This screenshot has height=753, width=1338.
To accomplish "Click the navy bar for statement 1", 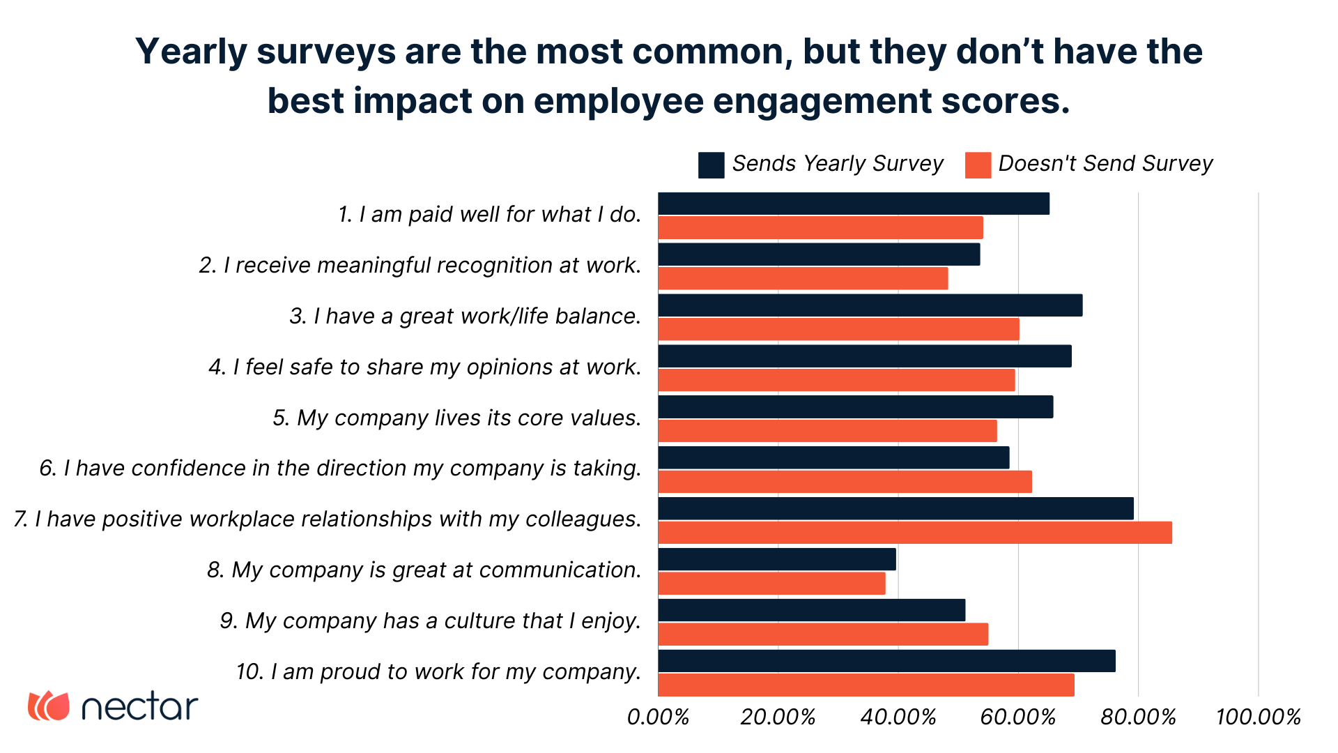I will (853, 204).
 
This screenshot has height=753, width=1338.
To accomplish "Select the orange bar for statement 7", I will (914, 533).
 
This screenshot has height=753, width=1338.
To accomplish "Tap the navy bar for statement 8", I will (776, 559).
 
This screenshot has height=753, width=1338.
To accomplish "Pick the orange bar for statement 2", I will (803, 278).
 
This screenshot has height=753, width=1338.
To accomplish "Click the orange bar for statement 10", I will (866, 685).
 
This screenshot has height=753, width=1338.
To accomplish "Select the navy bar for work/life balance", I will (870, 305).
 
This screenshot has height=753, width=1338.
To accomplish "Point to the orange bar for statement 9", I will (822, 634).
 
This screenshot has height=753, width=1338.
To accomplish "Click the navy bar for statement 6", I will (833, 457).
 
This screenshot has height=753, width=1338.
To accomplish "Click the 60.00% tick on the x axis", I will (1018, 717).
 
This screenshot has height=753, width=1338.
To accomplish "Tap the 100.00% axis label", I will (1258, 717).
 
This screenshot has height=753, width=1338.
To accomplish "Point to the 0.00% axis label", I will (658, 717).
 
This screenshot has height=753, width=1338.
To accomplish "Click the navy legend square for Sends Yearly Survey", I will (711, 165).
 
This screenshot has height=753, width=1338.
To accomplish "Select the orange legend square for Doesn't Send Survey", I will (978, 165).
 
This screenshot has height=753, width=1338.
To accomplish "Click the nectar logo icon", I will (49, 706).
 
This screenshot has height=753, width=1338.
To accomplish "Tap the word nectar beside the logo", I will (139, 707).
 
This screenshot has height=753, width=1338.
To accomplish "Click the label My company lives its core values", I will (456, 418).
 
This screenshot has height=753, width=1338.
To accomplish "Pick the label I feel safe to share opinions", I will (424, 367).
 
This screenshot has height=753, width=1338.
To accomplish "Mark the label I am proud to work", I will (438, 671).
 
